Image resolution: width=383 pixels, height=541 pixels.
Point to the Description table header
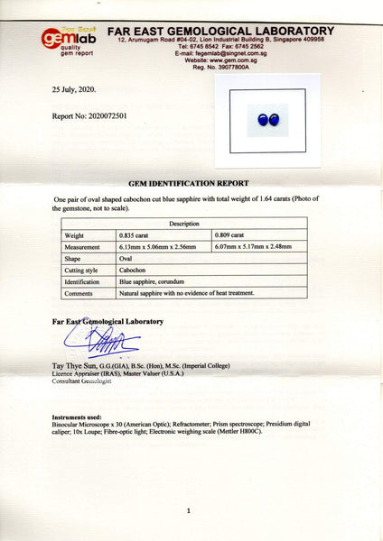[183, 223]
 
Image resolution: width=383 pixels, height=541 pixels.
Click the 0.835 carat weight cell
[136, 234]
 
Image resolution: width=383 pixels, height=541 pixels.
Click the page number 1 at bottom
[188, 510]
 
